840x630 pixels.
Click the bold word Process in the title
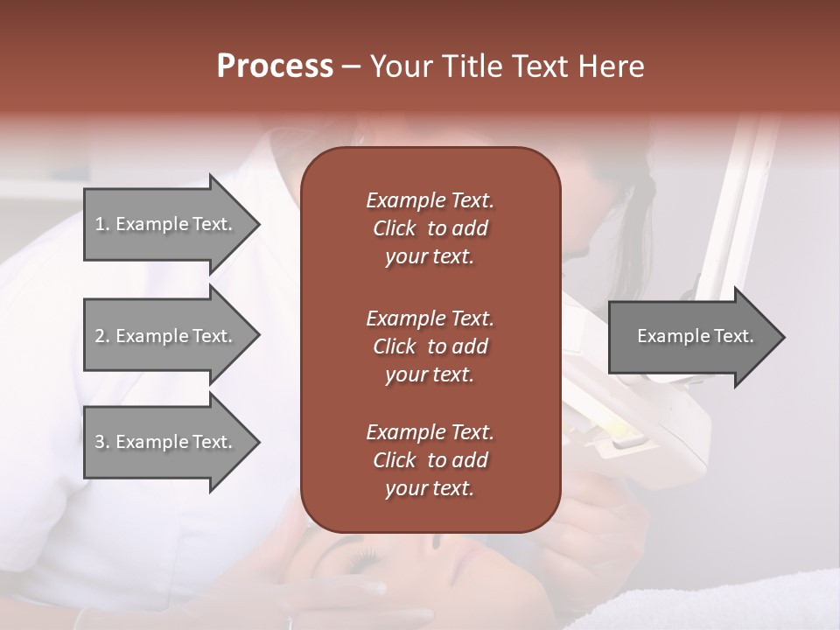click(275, 66)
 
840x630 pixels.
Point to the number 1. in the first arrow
click(102, 225)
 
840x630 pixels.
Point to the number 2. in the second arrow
click(102, 336)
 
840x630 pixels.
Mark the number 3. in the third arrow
click(102, 442)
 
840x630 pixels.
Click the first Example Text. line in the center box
click(430, 200)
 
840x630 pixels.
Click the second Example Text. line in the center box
click(430, 318)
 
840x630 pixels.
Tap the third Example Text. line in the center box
click(430, 432)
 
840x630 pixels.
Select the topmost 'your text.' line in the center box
click(430, 257)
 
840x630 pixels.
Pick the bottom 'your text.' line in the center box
click(430, 489)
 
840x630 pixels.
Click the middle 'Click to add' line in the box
click(430, 346)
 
